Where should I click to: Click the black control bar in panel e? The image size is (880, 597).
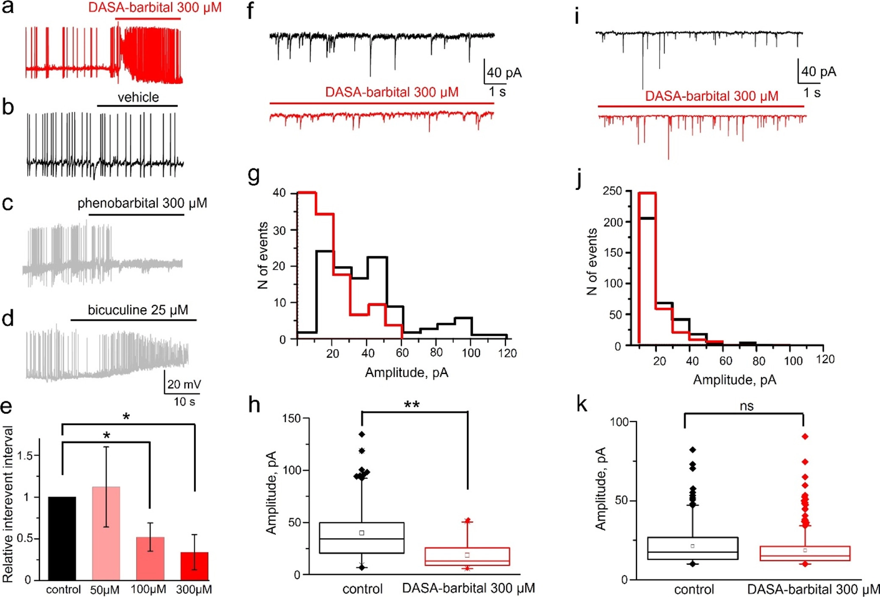[x=62, y=538]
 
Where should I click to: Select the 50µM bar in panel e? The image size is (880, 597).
[x=106, y=533]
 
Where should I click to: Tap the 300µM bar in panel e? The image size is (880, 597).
[x=194, y=566]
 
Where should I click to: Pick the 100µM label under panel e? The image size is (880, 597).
[x=148, y=589]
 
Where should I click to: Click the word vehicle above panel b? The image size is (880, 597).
[x=138, y=97]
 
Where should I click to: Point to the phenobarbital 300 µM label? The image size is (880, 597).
[x=142, y=203]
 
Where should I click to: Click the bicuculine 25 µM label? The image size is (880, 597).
[x=138, y=310]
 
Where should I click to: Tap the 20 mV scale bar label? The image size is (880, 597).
[x=184, y=384]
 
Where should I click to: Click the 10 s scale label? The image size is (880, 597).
[x=184, y=401]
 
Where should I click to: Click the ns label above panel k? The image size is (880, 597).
[x=746, y=406]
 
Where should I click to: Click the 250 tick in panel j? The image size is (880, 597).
[x=612, y=191]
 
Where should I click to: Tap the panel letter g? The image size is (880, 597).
[x=254, y=174]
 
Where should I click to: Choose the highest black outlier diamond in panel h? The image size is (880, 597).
[x=362, y=434]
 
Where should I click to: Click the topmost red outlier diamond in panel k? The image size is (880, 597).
[x=805, y=436]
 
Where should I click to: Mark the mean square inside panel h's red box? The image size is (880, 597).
[x=467, y=555]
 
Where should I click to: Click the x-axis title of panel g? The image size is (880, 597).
[x=406, y=373]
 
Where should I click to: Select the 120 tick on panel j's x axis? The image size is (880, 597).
[x=825, y=360]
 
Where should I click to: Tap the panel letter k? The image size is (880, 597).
[x=582, y=404]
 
